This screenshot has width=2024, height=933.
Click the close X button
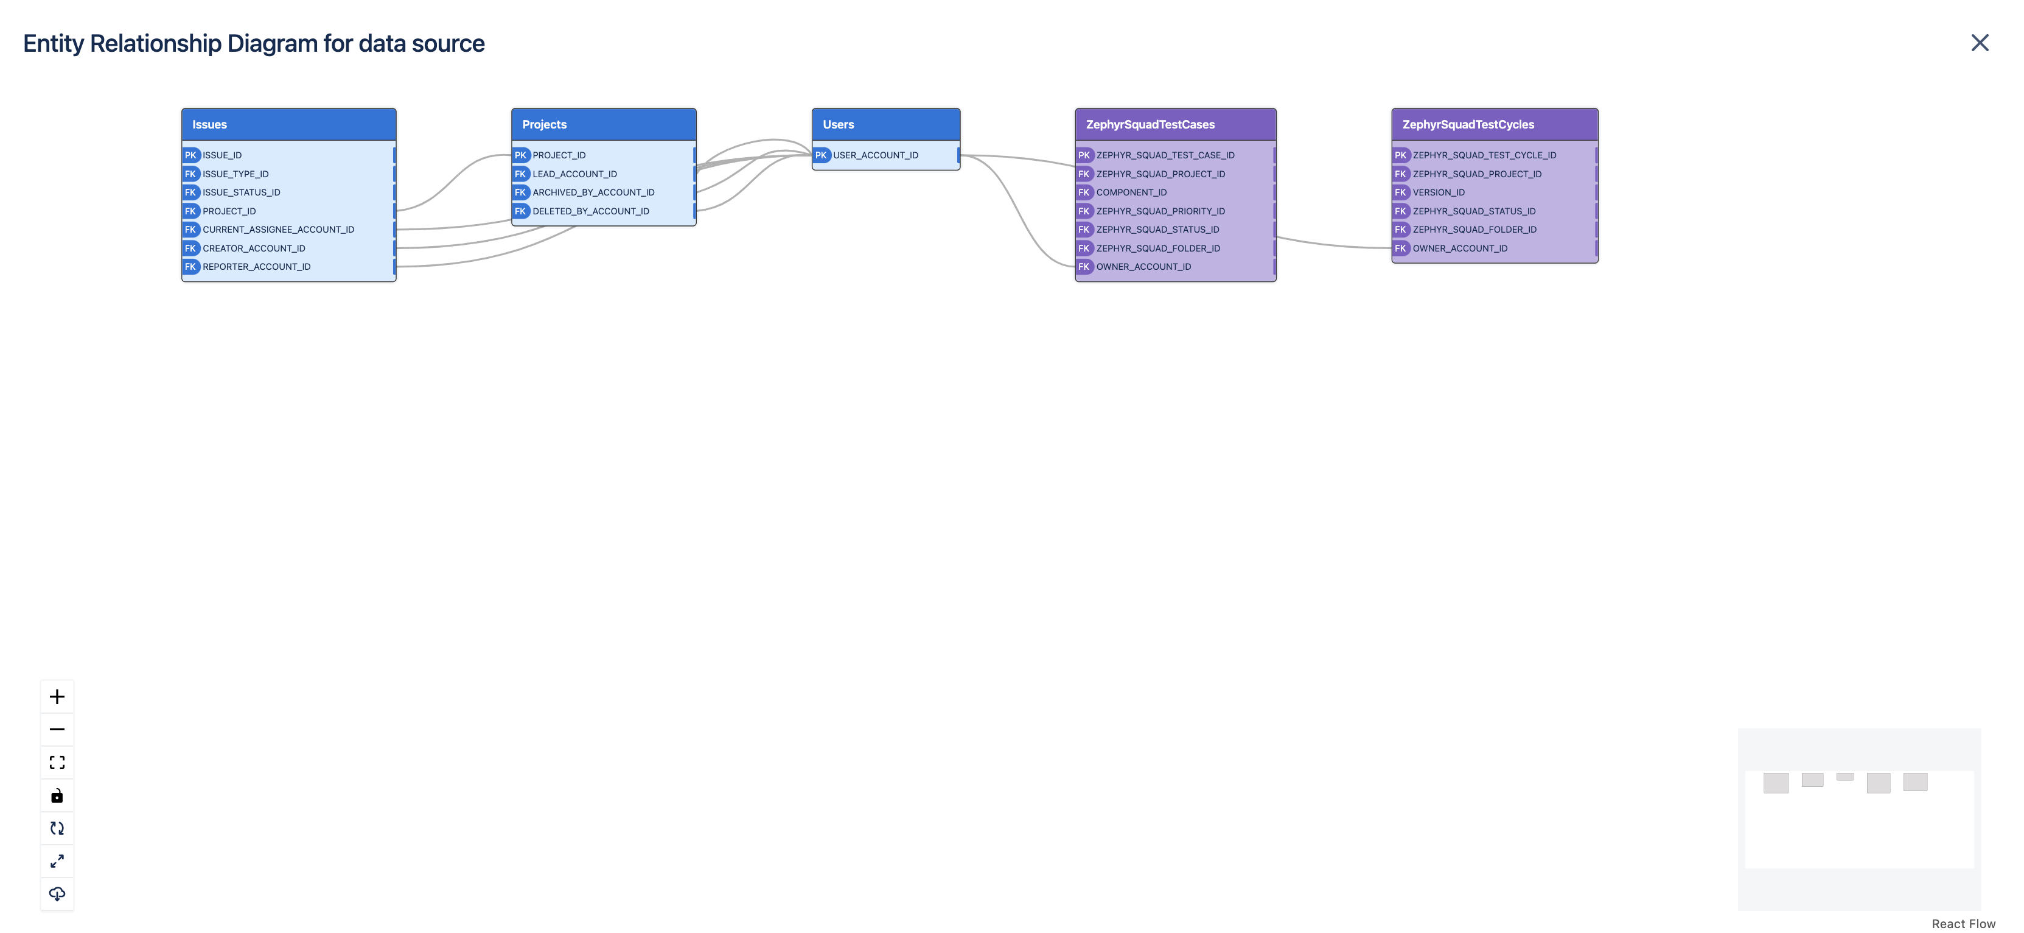(x=1979, y=43)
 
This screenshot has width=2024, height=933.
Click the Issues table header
(x=288, y=124)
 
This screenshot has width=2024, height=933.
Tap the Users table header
(x=885, y=124)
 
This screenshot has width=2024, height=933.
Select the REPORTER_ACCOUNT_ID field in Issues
(x=256, y=267)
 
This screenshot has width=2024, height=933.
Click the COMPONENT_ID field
(x=1131, y=192)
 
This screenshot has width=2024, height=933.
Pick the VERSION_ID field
(x=1438, y=192)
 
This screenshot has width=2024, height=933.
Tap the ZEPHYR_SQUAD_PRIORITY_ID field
(x=1160, y=211)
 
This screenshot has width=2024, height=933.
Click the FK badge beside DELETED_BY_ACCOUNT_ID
(x=520, y=211)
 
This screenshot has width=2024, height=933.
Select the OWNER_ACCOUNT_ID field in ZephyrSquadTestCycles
(x=1459, y=248)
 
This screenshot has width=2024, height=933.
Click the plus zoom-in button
(x=57, y=697)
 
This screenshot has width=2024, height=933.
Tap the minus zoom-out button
(x=57, y=730)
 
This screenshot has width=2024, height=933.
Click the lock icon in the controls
(x=57, y=795)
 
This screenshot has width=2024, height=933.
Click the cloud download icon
(x=57, y=893)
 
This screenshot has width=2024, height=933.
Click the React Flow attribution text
(x=1963, y=924)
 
